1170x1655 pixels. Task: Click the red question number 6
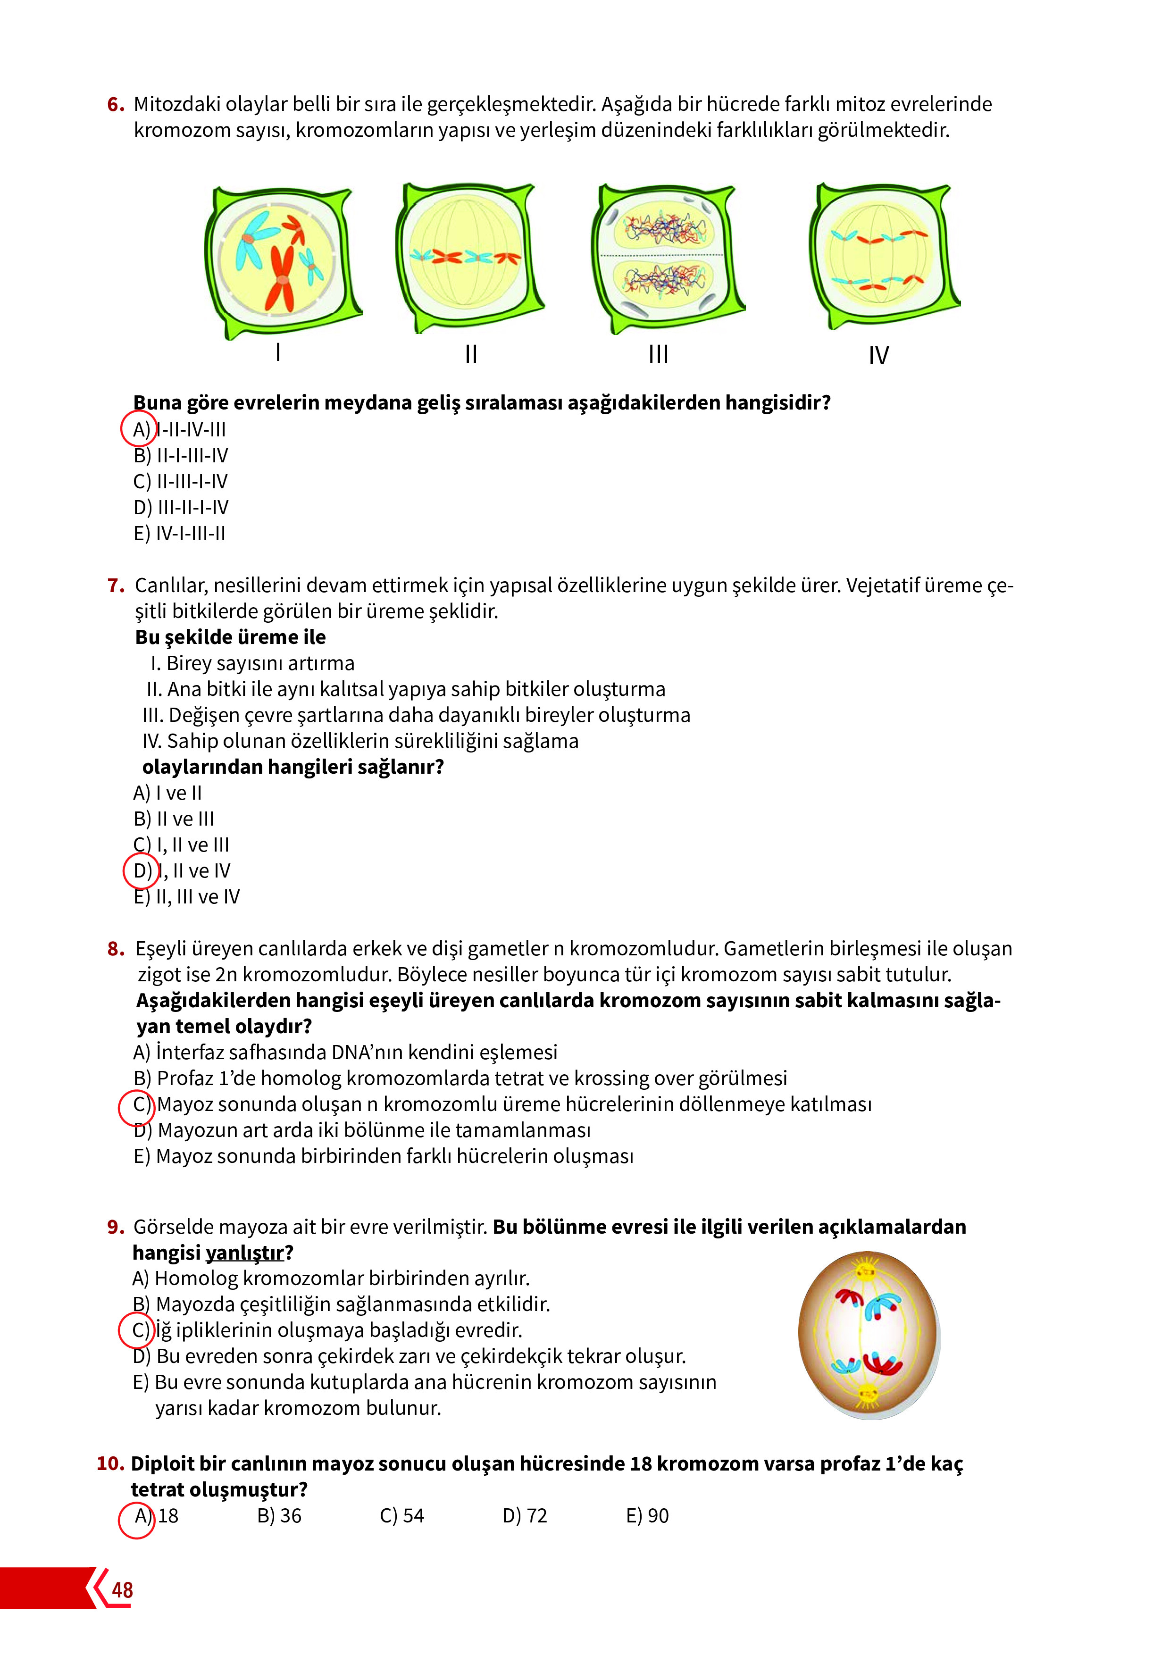pos(115,105)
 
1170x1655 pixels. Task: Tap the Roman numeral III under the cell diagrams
pos(658,354)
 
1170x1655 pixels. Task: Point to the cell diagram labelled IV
pos(883,256)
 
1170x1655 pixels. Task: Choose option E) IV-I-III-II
pos(179,534)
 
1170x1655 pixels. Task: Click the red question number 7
pos(115,585)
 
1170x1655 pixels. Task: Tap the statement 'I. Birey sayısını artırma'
pos(252,663)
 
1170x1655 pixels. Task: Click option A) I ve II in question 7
pos(168,793)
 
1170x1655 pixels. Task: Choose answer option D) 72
pos(525,1516)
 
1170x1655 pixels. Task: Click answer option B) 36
pos(279,1516)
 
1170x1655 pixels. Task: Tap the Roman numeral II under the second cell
pos(471,354)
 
